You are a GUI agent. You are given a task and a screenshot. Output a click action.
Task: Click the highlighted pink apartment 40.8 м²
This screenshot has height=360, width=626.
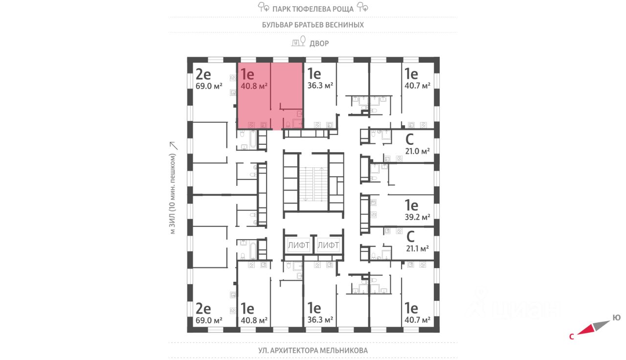[x=269, y=95]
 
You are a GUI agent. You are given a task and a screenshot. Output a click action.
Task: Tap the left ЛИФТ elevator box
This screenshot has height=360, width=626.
[x=298, y=245]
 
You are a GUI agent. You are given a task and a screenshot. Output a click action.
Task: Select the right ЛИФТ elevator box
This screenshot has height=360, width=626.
[x=328, y=245]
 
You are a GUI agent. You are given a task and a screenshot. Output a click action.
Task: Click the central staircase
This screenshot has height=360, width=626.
[x=313, y=183]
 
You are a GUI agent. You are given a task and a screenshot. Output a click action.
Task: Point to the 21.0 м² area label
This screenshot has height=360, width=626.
[x=417, y=151]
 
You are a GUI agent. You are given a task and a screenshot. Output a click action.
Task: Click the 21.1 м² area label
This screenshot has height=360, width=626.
[x=417, y=248]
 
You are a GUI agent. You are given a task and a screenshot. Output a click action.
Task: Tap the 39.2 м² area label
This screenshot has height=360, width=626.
[x=417, y=217]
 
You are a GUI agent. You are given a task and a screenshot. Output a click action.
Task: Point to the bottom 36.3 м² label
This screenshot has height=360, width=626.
[x=320, y=320]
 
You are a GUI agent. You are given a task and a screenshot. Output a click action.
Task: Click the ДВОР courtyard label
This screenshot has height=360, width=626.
[x=319, y=43]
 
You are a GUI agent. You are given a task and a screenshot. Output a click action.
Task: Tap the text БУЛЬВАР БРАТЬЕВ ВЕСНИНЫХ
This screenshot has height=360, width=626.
[x=313, y=24]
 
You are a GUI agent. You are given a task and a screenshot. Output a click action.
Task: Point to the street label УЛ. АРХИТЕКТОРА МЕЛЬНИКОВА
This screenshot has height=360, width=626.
[x=313, y=350]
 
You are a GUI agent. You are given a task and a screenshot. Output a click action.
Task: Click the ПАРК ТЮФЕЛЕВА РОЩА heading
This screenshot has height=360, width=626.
[x=313, y=8]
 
